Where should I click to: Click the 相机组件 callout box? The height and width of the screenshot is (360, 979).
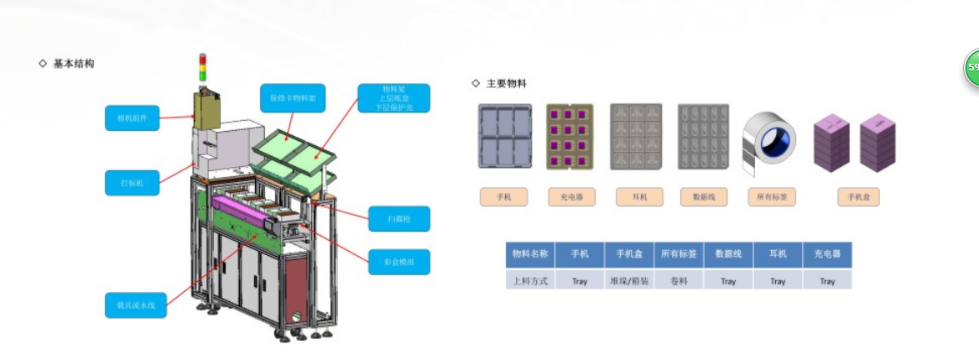tap(133, 117)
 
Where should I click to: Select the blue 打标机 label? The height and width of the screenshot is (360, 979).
tap(133, 182)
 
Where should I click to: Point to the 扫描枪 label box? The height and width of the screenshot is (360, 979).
tap(398, 219)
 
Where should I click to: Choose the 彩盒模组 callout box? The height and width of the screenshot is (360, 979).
tap(398, 262)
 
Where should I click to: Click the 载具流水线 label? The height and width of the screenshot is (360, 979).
tap(136, 304)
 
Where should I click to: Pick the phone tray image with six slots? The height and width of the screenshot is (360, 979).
tap(504, 137)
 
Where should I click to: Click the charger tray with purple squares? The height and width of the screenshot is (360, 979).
tap(570, 137)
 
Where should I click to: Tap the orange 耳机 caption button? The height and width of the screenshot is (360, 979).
tap(636, 197)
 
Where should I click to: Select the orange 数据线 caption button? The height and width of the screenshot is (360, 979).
tap(702, 197)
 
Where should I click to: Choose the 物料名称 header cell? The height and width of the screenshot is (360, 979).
tap(530, 253)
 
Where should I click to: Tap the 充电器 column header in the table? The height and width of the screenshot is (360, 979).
tap(827, 253)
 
